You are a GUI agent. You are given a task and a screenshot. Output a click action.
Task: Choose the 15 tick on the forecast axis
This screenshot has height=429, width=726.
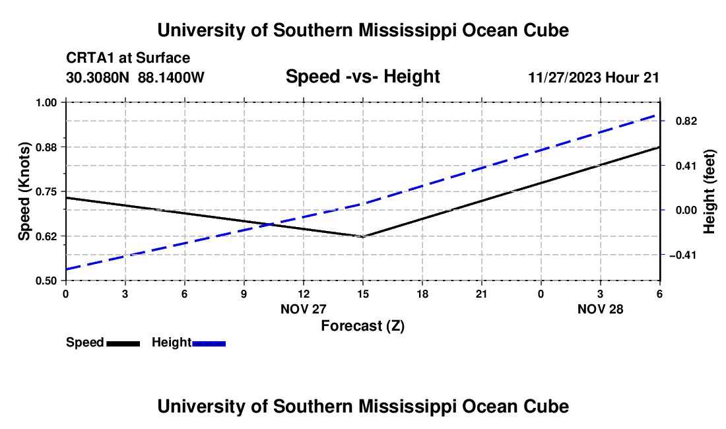pyautogui.click(x=362, y=292)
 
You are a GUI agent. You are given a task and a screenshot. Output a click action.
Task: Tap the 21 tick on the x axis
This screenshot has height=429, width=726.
pyautogui.click(x=481, y=292)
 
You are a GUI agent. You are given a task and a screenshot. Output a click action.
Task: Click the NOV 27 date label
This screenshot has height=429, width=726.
pyautogui.click(x=304, y=309)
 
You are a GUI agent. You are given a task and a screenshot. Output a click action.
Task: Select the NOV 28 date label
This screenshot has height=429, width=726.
pyautogui.click(x=600, y=309)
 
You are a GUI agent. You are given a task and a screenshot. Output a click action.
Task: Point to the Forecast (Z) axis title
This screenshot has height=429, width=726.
pyautogui.click(x=362, y=325)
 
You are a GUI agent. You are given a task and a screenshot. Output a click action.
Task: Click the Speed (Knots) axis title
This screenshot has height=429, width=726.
pyautogui.click(x=24, y=191)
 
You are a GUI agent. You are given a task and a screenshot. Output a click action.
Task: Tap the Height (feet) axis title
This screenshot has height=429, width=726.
pyautogui.click(x=709, y=191)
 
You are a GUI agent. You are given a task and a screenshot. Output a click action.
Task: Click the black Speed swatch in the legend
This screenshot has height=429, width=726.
pyautogui.click(x=123, y=343)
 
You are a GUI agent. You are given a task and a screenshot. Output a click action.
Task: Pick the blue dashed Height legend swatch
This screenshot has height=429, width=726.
pyautogui.click(x=209, y=343)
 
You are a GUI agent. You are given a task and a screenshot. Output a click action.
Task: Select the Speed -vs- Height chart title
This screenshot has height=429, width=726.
pyautogui.click(x=362, y=77)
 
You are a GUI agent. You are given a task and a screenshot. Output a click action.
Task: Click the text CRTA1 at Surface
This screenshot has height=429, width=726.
pyautogui.click(x=128, y=59)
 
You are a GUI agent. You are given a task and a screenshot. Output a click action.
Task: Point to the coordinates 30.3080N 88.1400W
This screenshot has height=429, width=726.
pyautogui.click(x=135, y=77)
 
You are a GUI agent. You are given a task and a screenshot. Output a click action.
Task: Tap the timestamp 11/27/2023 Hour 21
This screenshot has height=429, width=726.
pyautogui.click(x=593, y=77)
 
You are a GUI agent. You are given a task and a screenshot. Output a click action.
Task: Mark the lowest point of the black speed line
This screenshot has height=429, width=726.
pyautogui.click(x=362, y=236)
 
